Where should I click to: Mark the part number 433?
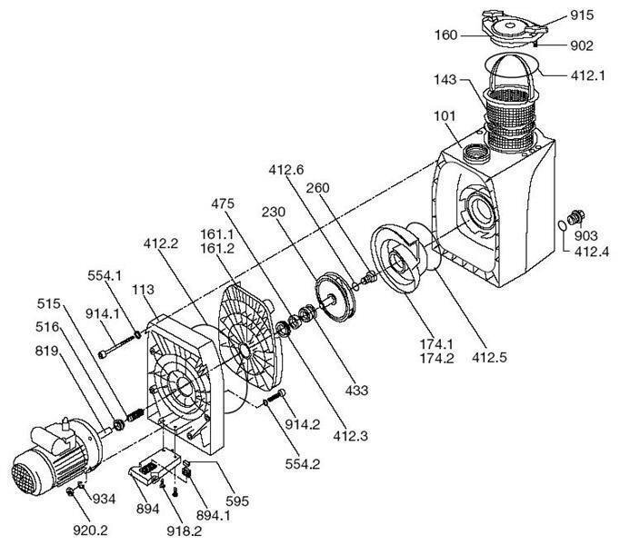(x=357, y=391)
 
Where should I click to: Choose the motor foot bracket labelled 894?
(x=155, y=471)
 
